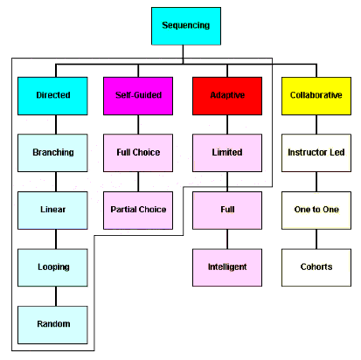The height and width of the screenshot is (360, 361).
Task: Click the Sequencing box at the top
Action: (186, 26)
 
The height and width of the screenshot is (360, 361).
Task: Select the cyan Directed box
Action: (52, 96)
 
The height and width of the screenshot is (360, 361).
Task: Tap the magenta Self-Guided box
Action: (138, 96)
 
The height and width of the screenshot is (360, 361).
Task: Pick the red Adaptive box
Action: (227, 96)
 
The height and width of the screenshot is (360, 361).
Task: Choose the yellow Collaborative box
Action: (316, 96)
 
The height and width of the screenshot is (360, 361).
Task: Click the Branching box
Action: (52, 153)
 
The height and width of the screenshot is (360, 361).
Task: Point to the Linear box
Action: (52, 211)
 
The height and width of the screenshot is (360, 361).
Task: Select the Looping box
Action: (52, 267)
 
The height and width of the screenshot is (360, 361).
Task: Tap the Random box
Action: (52, 325)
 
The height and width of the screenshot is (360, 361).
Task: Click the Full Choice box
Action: (138, 153)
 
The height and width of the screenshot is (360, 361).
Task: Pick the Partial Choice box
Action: (138, 211)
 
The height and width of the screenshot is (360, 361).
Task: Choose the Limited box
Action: (227, 153)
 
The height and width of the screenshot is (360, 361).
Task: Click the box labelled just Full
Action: (227, 211)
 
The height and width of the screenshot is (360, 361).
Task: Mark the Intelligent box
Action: (227, 267)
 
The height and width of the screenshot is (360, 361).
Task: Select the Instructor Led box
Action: (316, 153)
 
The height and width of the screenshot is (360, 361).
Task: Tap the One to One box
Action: (316, 211)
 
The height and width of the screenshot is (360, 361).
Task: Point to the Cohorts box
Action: (316, 267)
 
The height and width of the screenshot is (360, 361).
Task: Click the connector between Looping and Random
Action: (56, 296)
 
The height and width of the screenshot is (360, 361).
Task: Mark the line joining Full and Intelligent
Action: (227, 239)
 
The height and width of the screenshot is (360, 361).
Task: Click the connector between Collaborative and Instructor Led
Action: (316, 124)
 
